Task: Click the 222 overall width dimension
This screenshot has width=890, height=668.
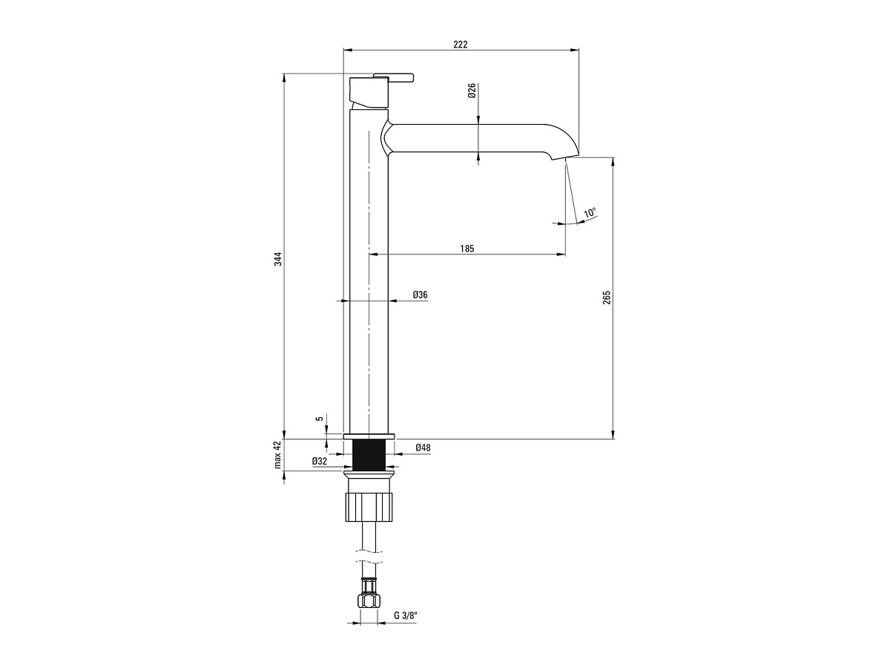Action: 461,45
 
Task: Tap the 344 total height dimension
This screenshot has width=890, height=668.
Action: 277,259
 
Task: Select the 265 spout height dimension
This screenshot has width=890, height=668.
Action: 607,298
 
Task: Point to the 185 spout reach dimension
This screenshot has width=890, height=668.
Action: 467,248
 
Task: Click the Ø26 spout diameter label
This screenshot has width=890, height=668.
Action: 472,91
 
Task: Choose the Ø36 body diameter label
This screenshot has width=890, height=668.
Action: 420,295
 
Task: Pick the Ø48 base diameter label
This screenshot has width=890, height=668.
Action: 423,448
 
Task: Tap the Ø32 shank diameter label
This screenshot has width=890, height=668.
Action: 320,461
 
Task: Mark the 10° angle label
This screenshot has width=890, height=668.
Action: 590,212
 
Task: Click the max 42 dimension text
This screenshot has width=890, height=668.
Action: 277,455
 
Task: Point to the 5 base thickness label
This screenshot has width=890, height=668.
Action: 320,418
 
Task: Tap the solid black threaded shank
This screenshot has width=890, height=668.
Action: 369,455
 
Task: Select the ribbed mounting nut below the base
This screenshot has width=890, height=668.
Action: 369,507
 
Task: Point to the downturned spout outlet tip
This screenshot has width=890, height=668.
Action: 566,156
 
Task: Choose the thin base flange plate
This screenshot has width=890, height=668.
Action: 369,436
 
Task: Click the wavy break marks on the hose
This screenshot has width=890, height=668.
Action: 369,557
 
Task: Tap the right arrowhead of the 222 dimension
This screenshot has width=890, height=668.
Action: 575,50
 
